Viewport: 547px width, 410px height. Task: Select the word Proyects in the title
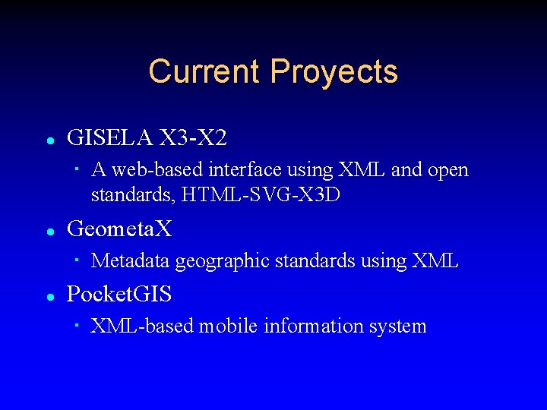(334, 71)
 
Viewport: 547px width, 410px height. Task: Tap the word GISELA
(111, 137)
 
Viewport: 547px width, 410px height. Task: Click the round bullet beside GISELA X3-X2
(49, 140)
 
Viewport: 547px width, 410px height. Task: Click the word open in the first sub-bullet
(448, 170)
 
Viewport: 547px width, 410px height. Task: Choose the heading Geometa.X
(120, 228)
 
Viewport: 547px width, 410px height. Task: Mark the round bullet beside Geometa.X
(49, 230)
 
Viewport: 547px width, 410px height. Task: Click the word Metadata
(131, 261)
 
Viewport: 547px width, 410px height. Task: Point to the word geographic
(223, 261)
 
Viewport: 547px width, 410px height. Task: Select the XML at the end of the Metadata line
(435, 261)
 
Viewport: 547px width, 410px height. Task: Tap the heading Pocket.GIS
(119, 294)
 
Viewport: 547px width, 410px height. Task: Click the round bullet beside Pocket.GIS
(49, 296)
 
